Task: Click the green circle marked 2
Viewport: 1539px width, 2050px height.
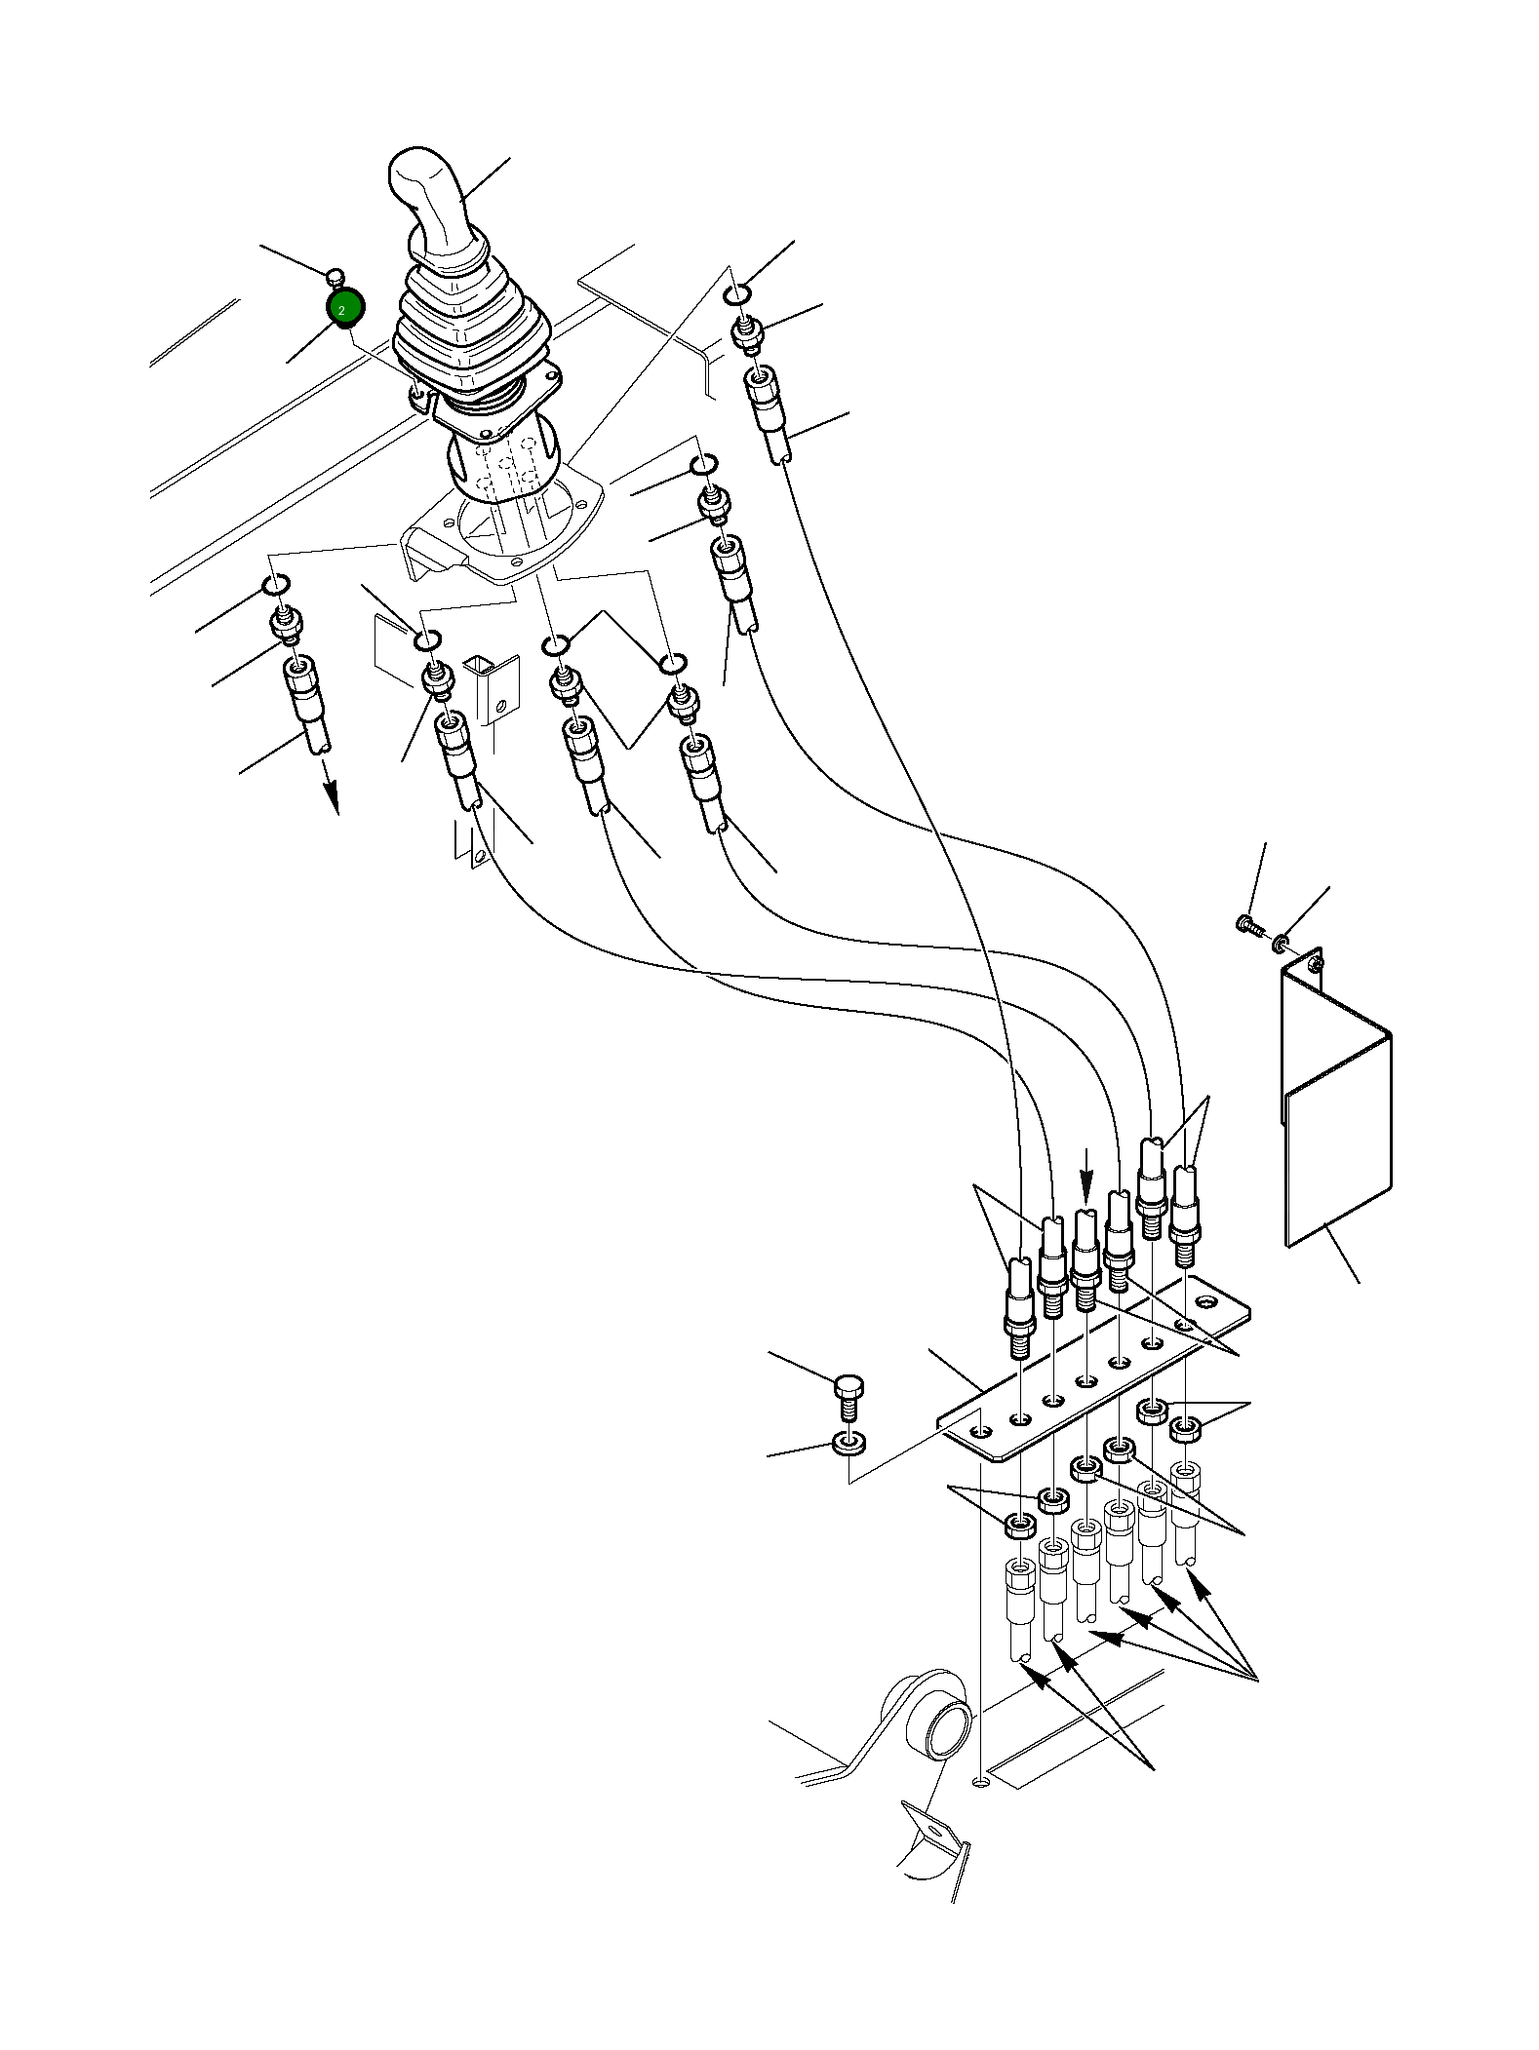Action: click(343, 309)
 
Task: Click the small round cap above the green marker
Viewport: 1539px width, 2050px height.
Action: click(335, 275)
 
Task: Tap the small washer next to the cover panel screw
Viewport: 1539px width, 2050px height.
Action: click(1280, 941)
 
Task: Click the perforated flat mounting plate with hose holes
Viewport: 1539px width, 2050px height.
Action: click(1092, 1384)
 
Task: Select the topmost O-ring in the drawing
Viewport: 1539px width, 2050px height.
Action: click(738, 294)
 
